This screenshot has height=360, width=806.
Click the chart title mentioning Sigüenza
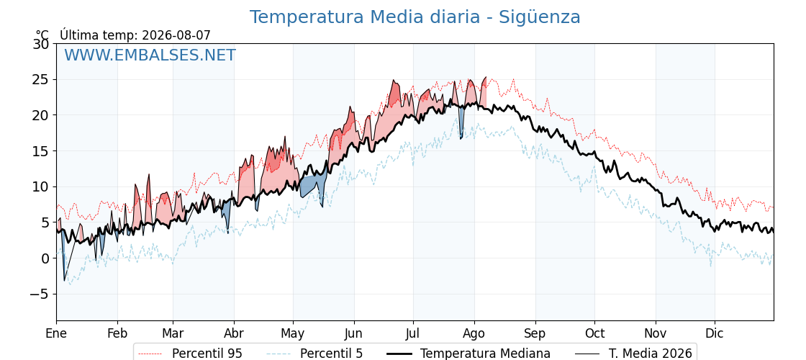[x=415, y=17]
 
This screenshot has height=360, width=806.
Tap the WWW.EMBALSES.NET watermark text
[x=150, y=55]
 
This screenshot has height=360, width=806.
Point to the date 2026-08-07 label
[x=176, y=35]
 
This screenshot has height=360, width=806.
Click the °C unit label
[x=42, y=35]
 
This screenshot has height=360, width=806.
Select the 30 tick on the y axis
[x=40, y=44]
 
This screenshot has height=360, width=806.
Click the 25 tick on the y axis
[x=40, y=80]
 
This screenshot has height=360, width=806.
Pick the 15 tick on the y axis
[x=40, y=151]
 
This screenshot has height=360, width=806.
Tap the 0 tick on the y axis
[x=45, y=258]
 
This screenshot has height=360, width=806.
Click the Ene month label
[x=57, y=333]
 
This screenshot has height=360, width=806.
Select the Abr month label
[x=234, y=333]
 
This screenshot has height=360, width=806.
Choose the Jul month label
[x=413, y=333]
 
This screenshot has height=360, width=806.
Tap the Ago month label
[x=474, y=333]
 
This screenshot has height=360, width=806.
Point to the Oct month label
[x=594, y=333]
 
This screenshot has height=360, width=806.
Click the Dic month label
[x=715, y=333]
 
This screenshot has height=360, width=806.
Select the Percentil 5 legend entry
[x=315, y=354]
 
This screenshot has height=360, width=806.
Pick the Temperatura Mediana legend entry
[x=468, y=354]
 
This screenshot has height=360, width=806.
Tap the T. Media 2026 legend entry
[x=633, y=354]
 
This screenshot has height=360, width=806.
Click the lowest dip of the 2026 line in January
[x=64, y=280]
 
